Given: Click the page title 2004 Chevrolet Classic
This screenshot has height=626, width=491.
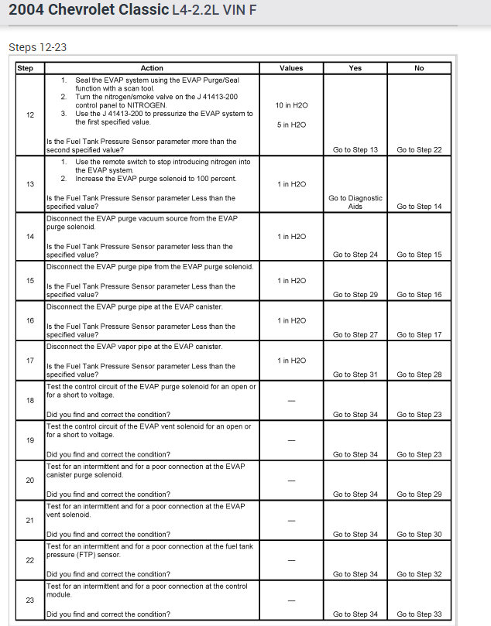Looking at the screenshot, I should tap(88, 10).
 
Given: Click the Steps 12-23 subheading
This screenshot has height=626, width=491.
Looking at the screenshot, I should tap(37, 47).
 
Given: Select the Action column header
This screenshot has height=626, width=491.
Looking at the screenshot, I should tap(152, 68).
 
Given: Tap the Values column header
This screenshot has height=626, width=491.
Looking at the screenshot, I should tap(291, 68).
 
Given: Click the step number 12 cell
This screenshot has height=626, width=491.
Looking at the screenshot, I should tap(30, 115).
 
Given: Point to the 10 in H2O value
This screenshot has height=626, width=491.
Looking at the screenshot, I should tap(291, 104).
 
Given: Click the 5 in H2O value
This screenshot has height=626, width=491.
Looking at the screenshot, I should tap(291, 125).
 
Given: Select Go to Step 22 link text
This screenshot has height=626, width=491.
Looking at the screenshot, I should tap(419, 149).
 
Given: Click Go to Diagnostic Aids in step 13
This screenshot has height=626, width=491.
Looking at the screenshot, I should tap(355, 202).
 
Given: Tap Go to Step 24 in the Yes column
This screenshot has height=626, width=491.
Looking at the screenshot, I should tap(355, 255).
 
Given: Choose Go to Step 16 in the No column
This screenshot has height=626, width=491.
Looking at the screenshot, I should tap(419, 295).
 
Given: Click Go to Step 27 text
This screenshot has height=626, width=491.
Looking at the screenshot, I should tap(355, 335).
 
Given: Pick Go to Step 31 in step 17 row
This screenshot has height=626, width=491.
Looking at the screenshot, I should tap(355, 375).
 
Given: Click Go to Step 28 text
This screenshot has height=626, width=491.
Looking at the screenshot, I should tap(419, 375).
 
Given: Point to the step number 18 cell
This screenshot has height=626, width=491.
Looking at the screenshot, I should tap(30, 400).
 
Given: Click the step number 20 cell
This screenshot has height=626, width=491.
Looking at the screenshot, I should tap(30, 481).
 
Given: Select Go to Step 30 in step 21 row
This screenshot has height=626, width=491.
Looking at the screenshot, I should tap(419, 534).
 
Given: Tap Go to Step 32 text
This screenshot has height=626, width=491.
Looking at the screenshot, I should tap(419, 574).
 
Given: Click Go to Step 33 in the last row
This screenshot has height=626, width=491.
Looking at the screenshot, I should tap(419, 614).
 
